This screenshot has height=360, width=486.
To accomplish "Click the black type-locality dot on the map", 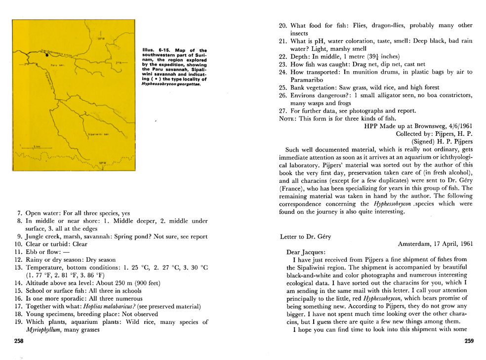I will point(47,55).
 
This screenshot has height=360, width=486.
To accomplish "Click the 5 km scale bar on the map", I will point(36,147).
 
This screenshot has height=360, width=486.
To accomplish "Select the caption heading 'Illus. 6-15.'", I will point(154,50).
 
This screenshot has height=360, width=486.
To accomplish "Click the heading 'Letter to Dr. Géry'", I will point(305,237).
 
